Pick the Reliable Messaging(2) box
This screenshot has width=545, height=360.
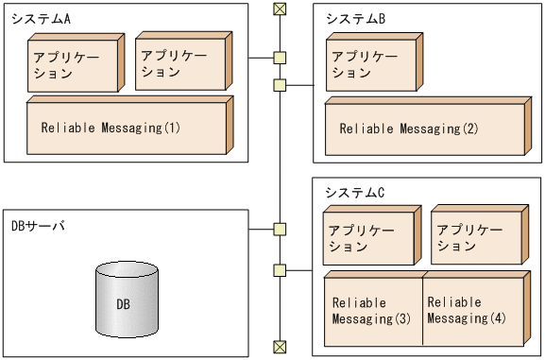tap(422, 129)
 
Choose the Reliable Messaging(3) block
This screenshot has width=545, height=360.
tap(371, 311)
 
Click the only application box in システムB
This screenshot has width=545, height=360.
tap(368, 65)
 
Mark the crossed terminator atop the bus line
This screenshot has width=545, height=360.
tap(279, 9)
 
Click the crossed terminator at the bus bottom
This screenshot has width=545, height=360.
tap(279, 347)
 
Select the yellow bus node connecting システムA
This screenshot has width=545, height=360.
tap(279, 58)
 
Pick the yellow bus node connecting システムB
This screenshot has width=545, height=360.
tap(279, 86)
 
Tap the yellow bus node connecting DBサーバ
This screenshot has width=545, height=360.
tap(279, 229)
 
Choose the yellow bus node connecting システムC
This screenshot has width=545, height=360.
tap(279, 271)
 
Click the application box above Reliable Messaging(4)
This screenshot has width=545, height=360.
tap(474, 239)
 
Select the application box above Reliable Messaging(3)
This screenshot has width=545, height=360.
tap(367, 239)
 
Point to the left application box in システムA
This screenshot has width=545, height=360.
tap(74, 64)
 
